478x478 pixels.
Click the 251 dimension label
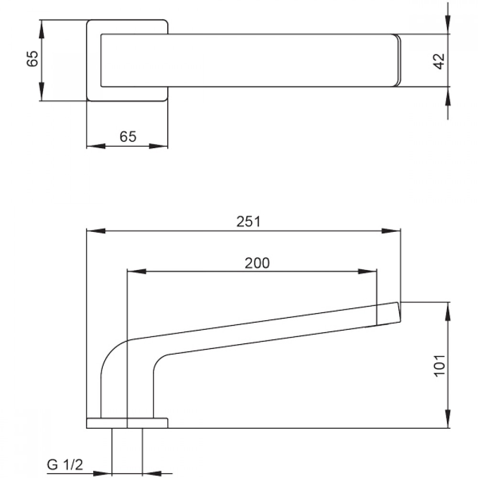(x=249, y=222)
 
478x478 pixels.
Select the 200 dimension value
(x=257, y=263)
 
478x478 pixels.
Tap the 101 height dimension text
(x=439, y=366)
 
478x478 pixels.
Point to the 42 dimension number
(x=439, y=61)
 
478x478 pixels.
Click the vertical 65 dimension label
(x=33, y=58)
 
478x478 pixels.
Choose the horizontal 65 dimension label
(x=128, y=136)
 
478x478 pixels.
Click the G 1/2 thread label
(x=65, y=465)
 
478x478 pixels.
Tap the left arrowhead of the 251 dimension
(x=96, y=231)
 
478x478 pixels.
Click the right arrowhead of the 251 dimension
(x=391, y=231)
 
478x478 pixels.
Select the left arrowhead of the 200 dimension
(x=136, y=271)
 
